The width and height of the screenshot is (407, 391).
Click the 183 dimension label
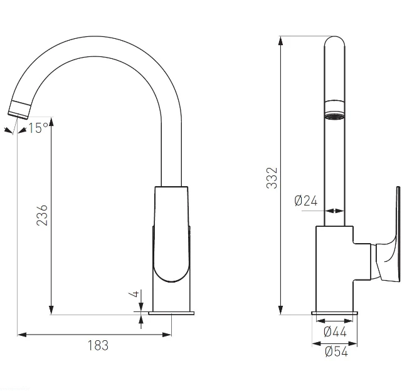click(x=98, y=345)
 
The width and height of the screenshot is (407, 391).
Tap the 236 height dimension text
click(x=42, y=215)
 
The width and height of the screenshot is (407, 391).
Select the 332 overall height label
click(x=272, y=178)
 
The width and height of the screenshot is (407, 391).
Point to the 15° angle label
click(x=38, y=128)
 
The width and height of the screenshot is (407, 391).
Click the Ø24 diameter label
click(x=306, y=201)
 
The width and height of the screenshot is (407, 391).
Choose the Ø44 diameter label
click(x=335, y=331)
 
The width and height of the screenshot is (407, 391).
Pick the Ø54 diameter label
click(x=336, y=352)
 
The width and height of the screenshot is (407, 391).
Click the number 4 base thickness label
click(x=135, y=294)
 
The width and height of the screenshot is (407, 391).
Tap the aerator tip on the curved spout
click(x=19, y=110)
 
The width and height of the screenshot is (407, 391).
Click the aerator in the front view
click(x=335, y=110)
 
